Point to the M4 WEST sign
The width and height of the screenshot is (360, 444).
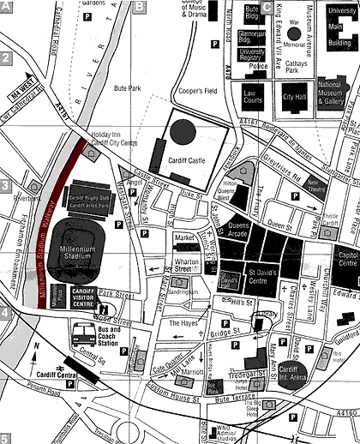click(x=22, y=82)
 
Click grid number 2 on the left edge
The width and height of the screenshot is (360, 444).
click(x=6, y=60)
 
